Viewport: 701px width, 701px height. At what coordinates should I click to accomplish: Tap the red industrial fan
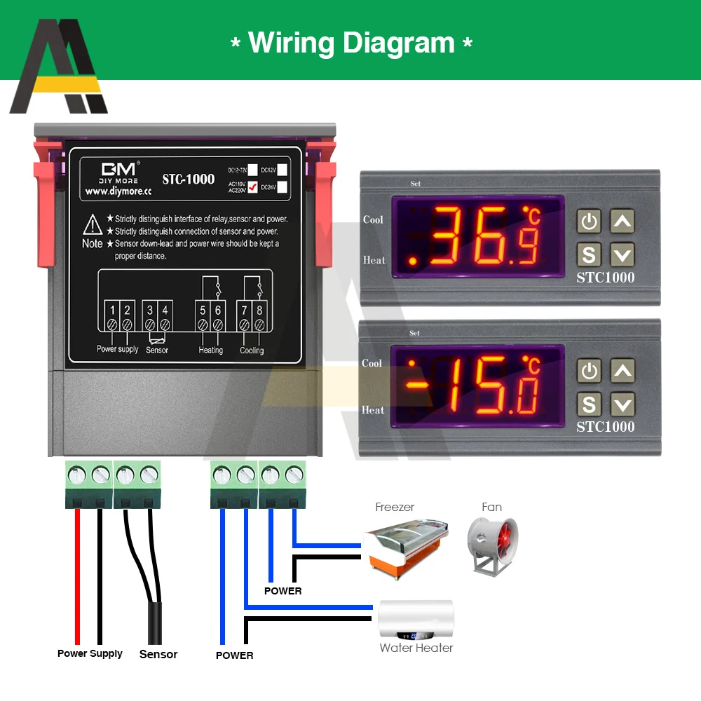492,545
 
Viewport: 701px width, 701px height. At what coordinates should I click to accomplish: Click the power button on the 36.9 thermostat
590,222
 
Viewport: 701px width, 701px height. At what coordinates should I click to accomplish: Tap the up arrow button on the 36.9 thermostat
622,222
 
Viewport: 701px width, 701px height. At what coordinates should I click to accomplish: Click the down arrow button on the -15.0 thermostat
622,404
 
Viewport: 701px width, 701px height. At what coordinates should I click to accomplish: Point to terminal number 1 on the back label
113,309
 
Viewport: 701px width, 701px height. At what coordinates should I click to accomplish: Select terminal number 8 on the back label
259,309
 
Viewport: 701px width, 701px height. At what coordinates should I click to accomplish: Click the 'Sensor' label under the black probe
158,654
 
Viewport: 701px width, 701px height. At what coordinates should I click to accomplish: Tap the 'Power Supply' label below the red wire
90,653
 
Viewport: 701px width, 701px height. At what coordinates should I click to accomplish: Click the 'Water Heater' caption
416,648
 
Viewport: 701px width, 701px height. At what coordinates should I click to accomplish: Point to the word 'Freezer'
395,507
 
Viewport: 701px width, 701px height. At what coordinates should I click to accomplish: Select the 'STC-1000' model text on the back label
189,179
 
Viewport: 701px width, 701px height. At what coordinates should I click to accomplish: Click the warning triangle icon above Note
93,224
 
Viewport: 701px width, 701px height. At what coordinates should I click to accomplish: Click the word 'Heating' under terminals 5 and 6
211,350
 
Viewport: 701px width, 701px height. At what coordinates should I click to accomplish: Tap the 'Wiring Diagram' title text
351,43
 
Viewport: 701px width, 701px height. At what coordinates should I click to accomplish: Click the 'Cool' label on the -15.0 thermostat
372,363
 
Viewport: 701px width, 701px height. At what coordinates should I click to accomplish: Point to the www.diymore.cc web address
118,191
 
